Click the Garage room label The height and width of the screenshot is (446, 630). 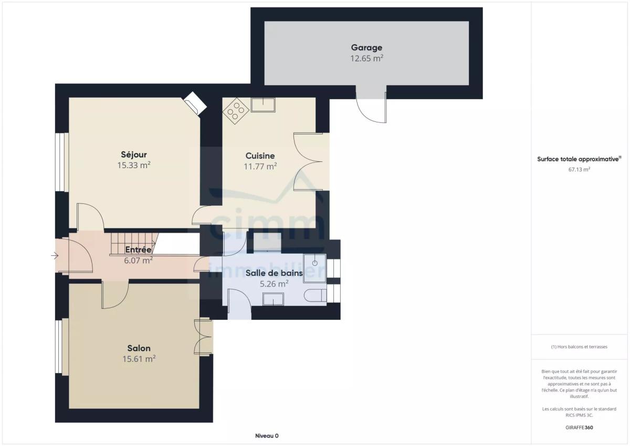(366, 48)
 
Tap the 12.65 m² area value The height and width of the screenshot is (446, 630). (366, 58)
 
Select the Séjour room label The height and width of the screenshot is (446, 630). (134, 154)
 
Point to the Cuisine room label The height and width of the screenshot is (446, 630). (260, 155)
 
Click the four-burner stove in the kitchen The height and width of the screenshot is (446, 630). (236, 111)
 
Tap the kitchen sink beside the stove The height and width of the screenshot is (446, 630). (263, 105)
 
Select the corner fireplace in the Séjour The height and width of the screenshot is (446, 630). (195, 103)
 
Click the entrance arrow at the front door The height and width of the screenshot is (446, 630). (55, 256)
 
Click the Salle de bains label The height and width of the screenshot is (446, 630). (274, 273)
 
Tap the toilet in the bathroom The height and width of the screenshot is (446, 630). (316, 295)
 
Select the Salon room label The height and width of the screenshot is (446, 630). (139, 348)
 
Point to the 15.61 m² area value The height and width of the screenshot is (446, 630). (139, 359)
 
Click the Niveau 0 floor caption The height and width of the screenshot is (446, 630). (267, 436)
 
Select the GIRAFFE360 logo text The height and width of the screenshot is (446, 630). (580, 428)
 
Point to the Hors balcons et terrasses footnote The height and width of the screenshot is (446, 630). (579, 347)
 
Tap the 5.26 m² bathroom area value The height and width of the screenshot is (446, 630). (274, 284)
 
